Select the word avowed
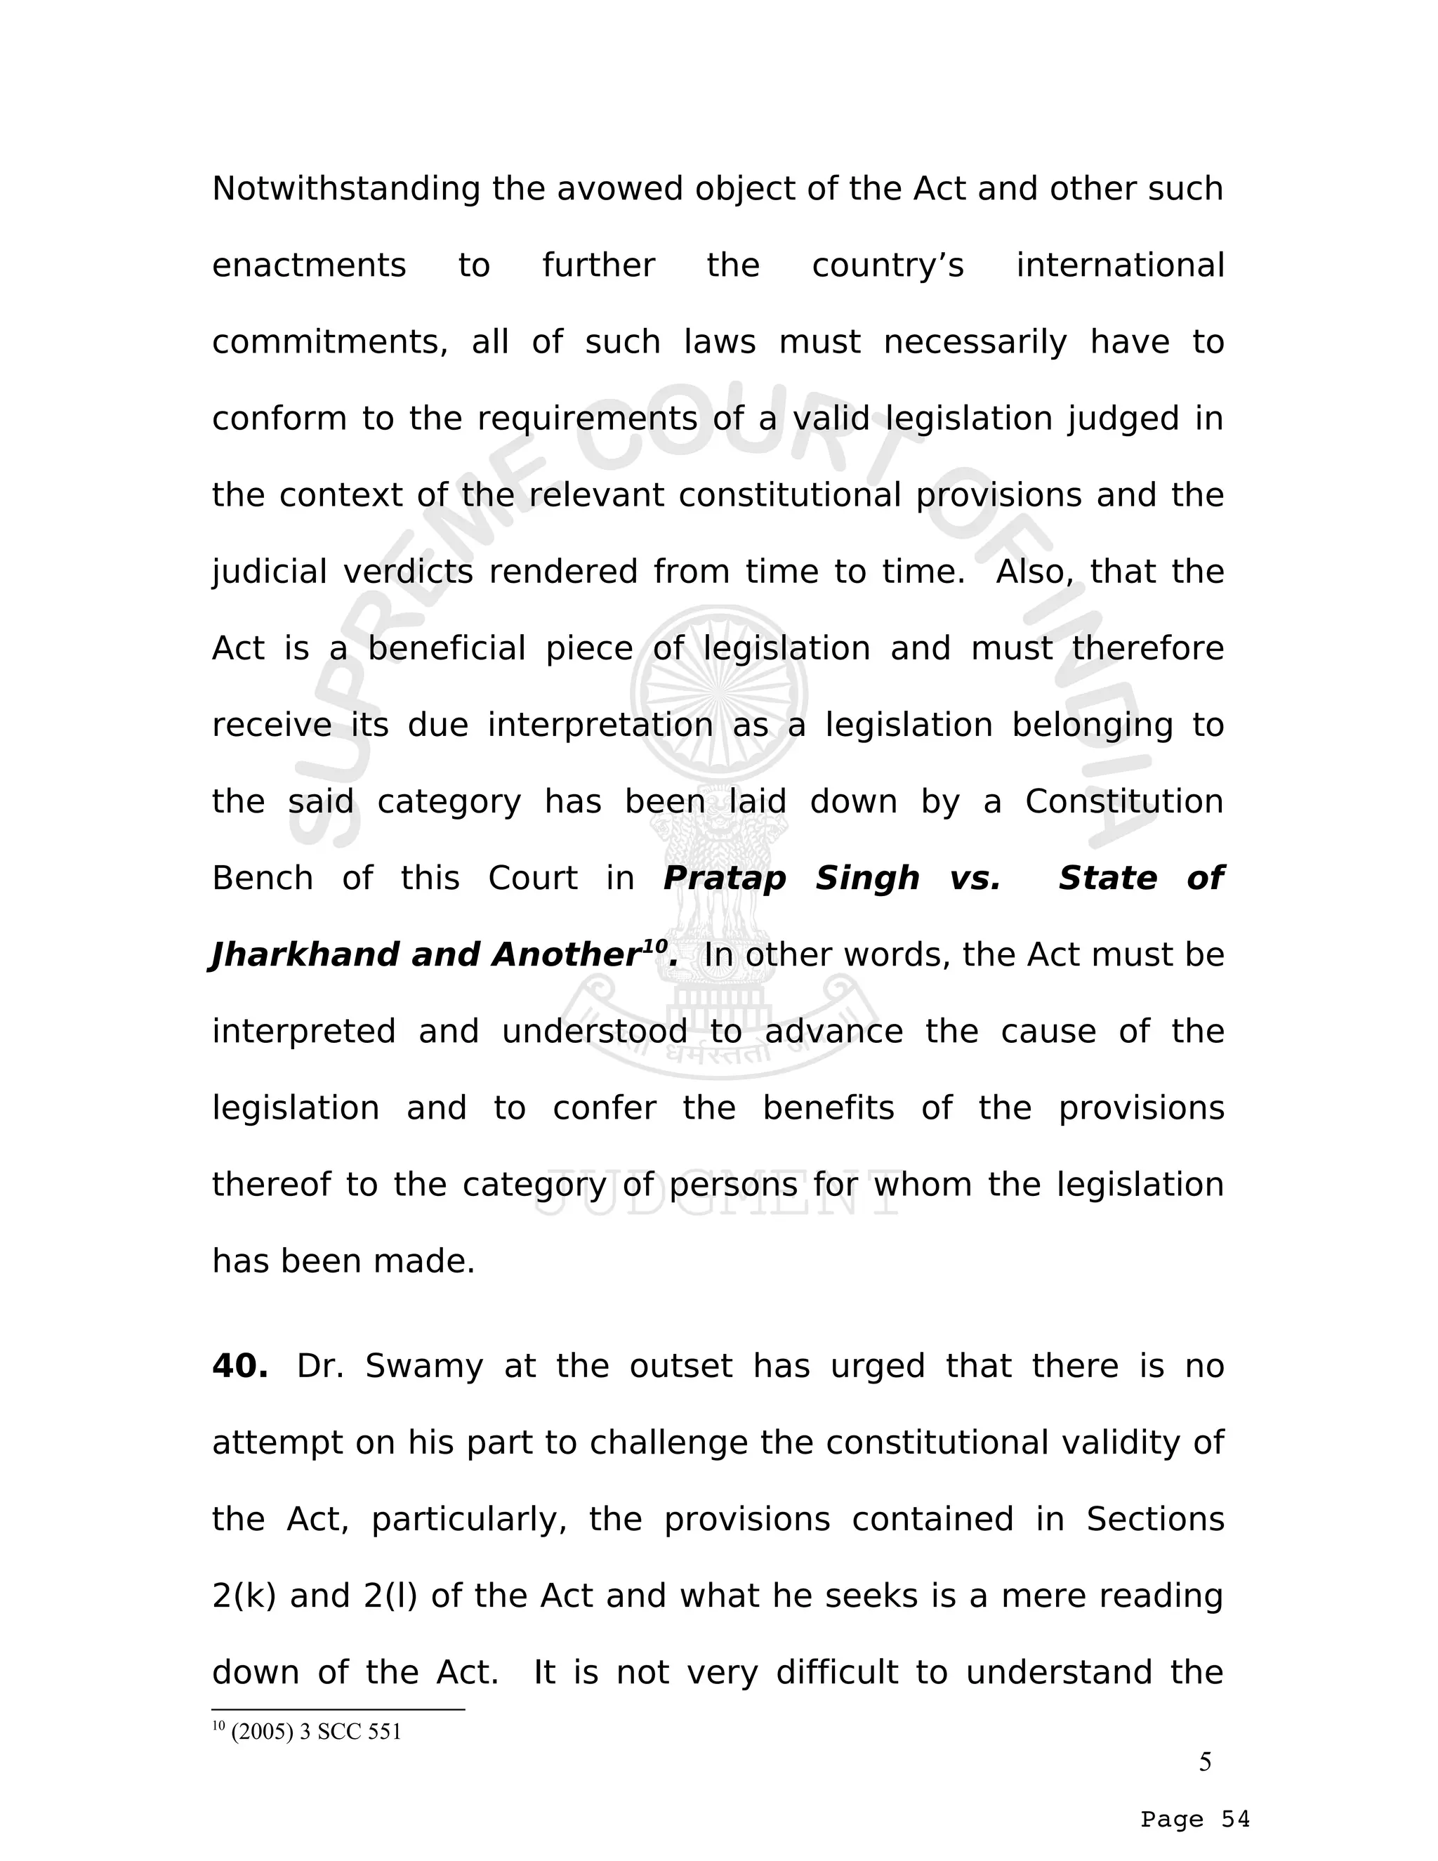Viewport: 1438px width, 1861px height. [x=620, y=189]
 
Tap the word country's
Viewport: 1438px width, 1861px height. [x=888, y=266]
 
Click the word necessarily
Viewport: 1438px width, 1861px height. [x=975, y=343]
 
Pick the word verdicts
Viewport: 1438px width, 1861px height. [x=408, y=572]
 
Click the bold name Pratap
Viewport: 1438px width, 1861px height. [x=724, y=879]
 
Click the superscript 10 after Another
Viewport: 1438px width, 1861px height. [x=654, y=946]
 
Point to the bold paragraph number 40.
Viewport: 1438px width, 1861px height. [x=239, y=1367]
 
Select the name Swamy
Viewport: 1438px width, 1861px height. [x=423, y=1367]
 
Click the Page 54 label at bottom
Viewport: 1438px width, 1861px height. [x=1195, y=1820]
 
